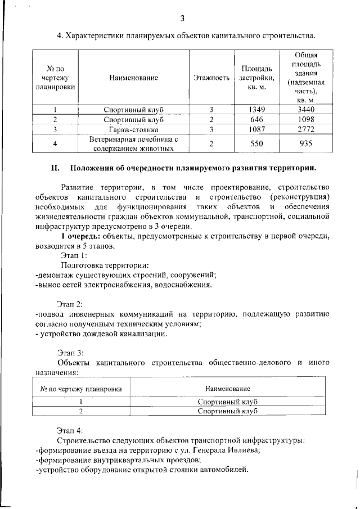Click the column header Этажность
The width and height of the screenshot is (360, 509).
coord(211,79)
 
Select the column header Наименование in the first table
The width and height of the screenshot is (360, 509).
coord(134,79)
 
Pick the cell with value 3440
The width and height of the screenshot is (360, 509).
coord(306,109)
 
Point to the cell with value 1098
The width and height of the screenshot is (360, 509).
coord(306,119)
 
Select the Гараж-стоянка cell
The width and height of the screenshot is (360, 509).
coord(134,129)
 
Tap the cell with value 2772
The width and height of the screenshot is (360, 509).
coord(306,129)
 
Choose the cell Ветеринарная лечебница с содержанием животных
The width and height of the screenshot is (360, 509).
coord(134,143)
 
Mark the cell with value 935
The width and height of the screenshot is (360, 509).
coord(306,143)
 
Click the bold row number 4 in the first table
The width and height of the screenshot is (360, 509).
coord(55,143)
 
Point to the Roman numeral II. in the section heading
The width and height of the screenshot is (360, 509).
coord(55,168)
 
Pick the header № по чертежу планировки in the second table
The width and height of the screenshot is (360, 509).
coord(81,389)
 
